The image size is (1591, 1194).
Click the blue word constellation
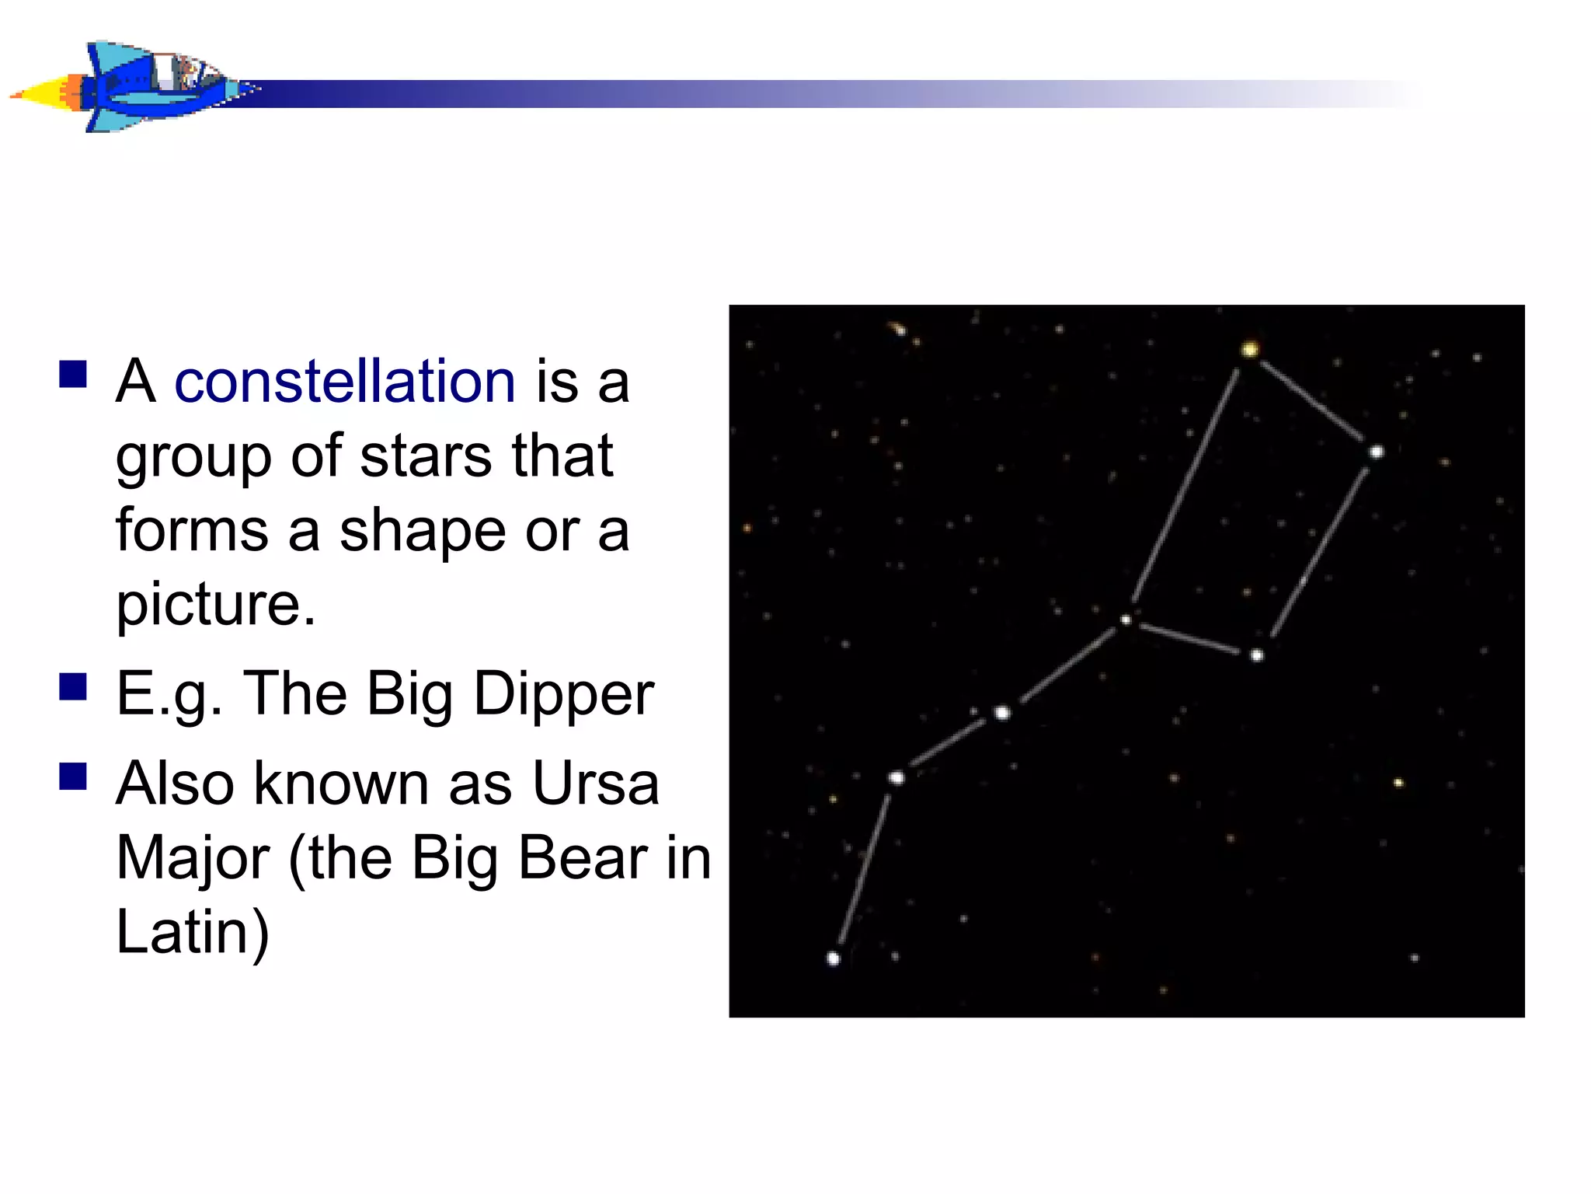pos(345,382)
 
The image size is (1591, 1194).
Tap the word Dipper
pos(563,694)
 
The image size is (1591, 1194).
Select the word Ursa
pos(595,784)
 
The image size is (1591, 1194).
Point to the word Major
pos(193,858)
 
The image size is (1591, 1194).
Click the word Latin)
pos(193,932)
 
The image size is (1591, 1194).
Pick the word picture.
pos(215,604)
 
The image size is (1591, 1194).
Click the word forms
pos(192,531)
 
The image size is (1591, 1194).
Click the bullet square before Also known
pos(73,776)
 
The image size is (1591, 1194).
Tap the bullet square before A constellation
pos(73,374)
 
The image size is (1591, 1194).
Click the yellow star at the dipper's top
pos(1249,350)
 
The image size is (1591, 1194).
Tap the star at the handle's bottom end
pos(833,958)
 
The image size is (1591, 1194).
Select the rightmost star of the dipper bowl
pos(1376,452)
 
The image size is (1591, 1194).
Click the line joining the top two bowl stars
pos(1311,400)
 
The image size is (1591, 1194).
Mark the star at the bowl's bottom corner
pos(1257,655)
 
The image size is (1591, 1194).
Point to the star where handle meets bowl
pos(1126,620)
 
